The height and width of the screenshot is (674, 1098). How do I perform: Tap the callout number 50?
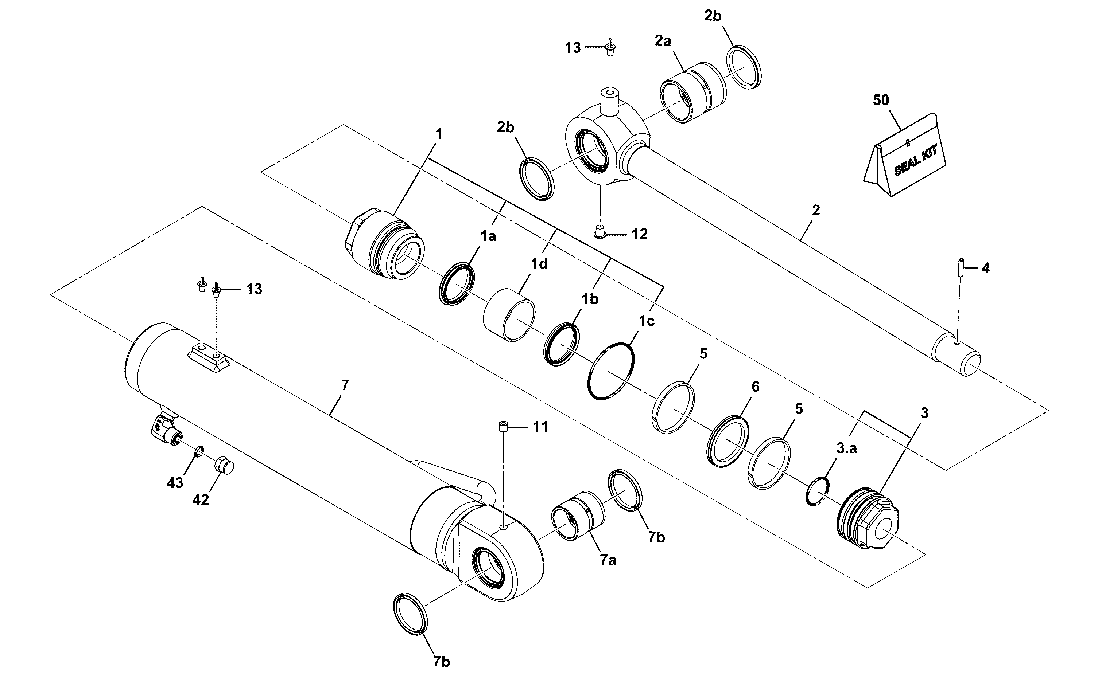click(881, 100)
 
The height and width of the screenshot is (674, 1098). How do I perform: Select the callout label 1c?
click(647, 321)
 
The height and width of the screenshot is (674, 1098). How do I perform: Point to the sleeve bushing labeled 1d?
click(509, 315)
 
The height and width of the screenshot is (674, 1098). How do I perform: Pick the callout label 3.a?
click(846, 448)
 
